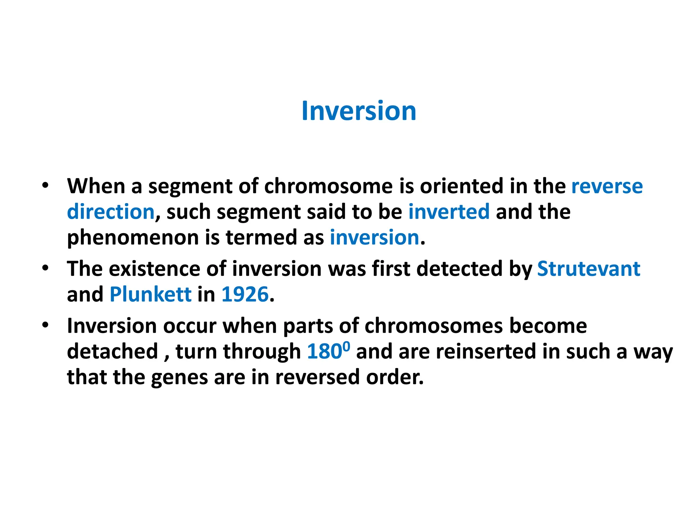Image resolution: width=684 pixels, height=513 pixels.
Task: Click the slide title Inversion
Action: pos(359,111)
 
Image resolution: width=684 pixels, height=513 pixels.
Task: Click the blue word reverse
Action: pos(607,186)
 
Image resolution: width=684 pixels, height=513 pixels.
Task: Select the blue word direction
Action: pos(111,212)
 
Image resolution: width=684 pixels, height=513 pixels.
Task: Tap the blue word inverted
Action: pos(449,212)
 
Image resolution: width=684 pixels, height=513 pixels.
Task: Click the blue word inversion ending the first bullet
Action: pos(374,237)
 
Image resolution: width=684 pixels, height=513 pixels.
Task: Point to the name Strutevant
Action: pos(588,269)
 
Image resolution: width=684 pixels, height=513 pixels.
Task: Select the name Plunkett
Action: pos(150,294)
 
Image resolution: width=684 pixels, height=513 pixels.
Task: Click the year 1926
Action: pos(245,294)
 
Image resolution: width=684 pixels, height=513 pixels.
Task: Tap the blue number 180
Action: pos(324,351)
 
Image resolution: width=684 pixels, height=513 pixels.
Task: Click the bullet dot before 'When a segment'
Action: pos(45,185)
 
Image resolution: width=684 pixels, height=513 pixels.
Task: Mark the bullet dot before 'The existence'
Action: pos(45,268)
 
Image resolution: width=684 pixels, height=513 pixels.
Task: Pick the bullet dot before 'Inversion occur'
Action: pos(45,325)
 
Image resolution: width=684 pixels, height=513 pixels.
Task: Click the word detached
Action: pos(112,351)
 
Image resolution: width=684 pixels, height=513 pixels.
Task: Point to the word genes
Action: pos(179,378)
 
